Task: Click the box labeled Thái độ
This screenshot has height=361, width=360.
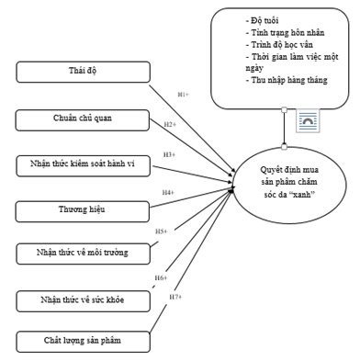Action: coord(83,72)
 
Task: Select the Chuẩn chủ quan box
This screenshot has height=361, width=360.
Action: coord(83,120)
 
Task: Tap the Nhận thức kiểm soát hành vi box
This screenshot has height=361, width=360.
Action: coord(83,166)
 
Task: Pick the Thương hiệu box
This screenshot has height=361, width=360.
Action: coord(83,211)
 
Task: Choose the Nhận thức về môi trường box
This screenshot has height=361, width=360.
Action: coord(83,254)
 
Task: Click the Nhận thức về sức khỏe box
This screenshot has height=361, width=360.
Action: coord(83,301)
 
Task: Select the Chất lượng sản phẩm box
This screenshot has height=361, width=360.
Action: coord(83,342)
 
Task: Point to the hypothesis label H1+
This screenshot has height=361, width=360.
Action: coord(184,95)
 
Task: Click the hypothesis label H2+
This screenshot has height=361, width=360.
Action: coord(170,124)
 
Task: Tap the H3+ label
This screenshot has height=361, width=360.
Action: coord(169,154)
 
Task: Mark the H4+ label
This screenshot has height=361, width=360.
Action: coord(168,193)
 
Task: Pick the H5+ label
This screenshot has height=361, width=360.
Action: coord(162,231)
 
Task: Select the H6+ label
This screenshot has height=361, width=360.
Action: coord(161,278)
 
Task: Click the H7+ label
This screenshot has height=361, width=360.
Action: coord(175,297)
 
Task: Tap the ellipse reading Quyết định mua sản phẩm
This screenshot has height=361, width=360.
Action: coord(289,185)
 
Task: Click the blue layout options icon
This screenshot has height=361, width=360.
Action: coord(308,120)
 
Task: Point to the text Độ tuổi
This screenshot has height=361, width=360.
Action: coord(263,20)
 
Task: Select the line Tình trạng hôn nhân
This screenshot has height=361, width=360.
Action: coord(285,32)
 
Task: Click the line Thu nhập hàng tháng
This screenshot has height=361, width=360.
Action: coord(287,80)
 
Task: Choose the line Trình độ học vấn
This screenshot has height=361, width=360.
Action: coord(279,45)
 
